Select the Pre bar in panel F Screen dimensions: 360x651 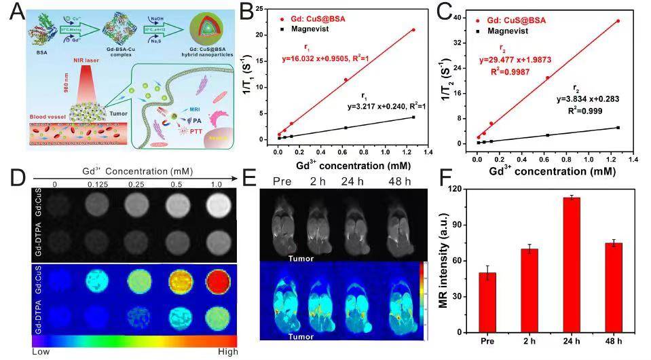click(487, 302)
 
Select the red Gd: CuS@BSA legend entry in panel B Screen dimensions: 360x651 click(314, 18)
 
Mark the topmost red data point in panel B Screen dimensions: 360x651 click(413, 30)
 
